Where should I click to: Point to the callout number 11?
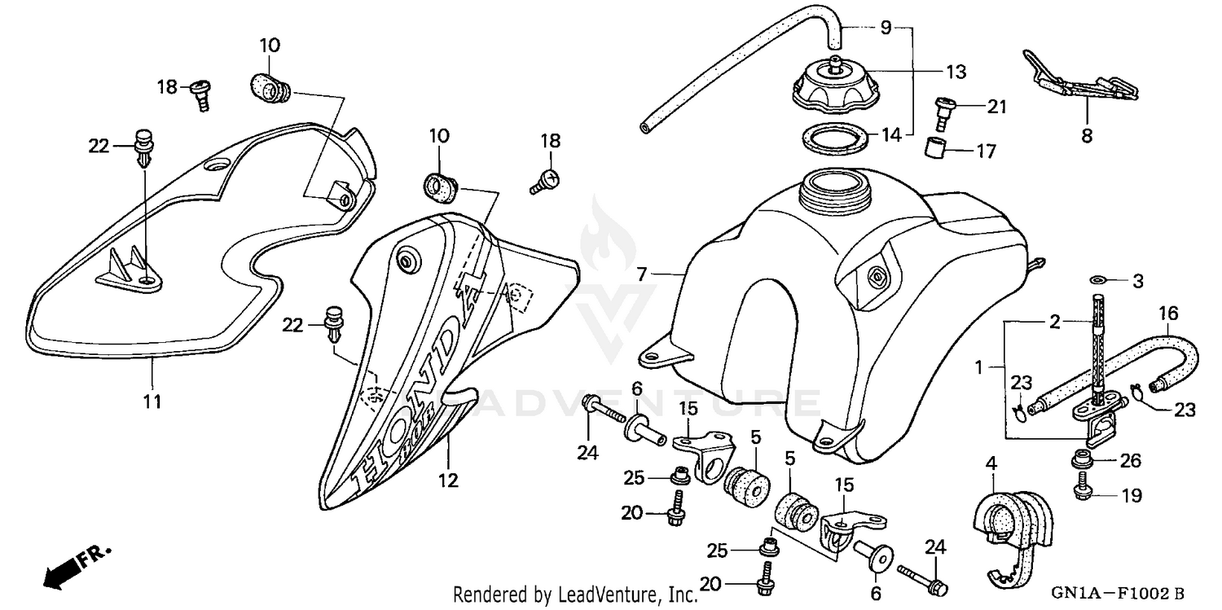click(152, 401)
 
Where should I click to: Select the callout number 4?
click(991, 463)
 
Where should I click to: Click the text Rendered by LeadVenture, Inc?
click(575, 595)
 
